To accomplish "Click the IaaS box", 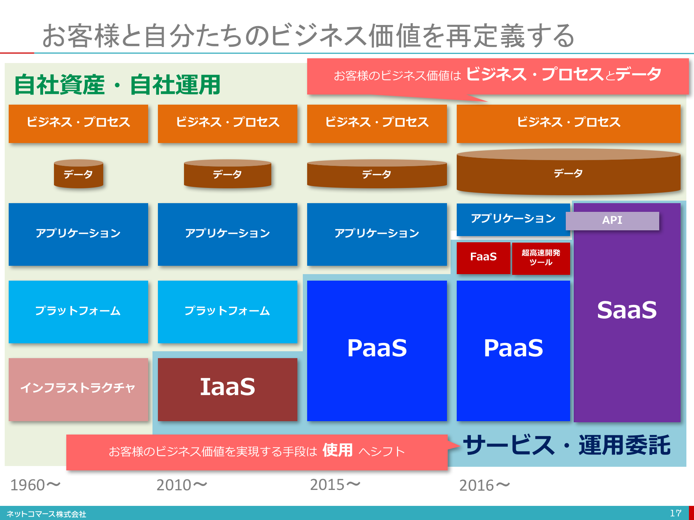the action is point(227,389).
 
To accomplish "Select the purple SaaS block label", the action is point(627,310).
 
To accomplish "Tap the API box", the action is point(612,221).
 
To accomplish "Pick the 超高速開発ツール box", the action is point(541,258).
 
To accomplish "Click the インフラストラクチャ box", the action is point(78,389).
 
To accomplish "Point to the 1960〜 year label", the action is point(35,485).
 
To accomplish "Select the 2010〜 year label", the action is point(181,485).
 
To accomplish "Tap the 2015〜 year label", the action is point(335,485).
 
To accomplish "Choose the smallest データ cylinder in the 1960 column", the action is point(79,174).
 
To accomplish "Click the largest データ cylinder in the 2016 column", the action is point(568,172).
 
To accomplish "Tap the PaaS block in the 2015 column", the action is point(377,351).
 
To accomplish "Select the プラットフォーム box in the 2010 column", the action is point(227,312).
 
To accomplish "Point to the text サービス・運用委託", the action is point(567,445).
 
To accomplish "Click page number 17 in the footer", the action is point(676,513).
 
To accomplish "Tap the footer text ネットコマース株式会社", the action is point(46,514).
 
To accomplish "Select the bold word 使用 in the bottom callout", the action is point(338,450).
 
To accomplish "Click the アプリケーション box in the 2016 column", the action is point(513,219).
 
